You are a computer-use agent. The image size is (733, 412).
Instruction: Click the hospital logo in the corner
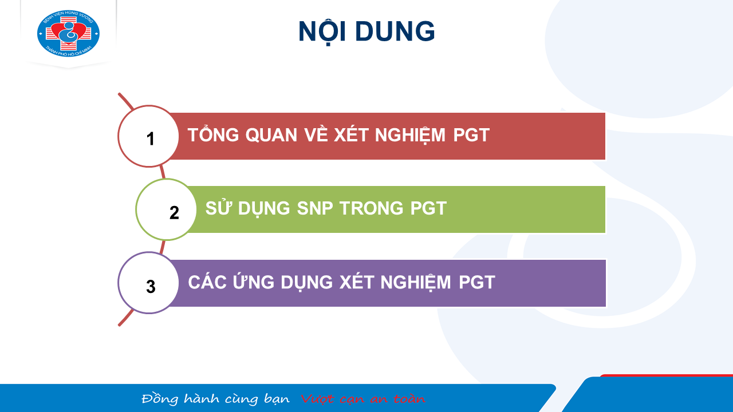coord(68,33)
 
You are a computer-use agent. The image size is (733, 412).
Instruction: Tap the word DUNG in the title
coord(395,31)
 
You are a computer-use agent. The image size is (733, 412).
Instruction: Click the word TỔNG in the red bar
coord(213,134)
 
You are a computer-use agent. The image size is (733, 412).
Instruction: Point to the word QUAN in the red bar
coord(271,135)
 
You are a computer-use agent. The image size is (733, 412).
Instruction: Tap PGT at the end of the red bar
coord(471,135)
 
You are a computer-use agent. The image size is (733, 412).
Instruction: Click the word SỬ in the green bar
coord(218,207)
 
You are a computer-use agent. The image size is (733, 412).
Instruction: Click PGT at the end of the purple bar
coord(476,283)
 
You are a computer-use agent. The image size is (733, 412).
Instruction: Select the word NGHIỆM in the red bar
coord(410,136)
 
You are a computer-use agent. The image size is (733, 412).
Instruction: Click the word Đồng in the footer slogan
coord(160,399)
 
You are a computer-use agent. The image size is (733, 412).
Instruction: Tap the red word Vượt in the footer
coord(317,399)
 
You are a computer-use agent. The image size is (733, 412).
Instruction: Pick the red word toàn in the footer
coord(409,399)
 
